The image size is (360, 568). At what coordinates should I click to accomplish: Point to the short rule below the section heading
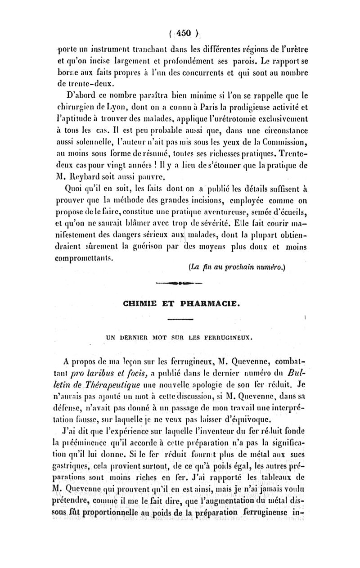click(180, 319)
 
